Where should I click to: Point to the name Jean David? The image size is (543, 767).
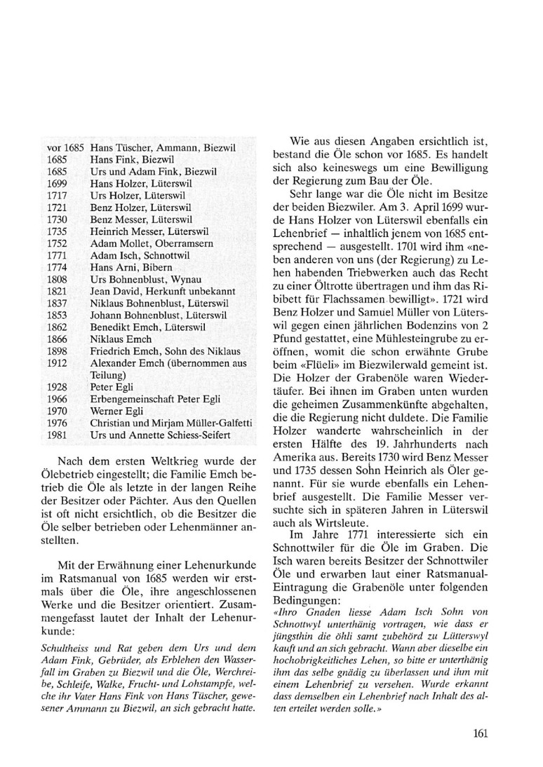point(114,300)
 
